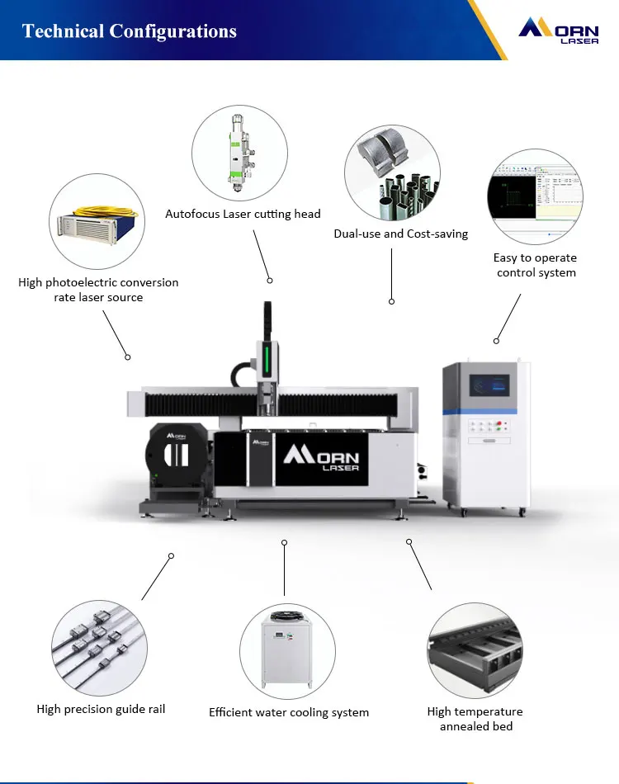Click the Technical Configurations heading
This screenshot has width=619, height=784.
pos(130,31)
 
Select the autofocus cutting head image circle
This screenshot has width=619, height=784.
pos(239,154)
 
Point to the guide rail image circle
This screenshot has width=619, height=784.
pos(100,648)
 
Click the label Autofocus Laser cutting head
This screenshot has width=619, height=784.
pos(243,214)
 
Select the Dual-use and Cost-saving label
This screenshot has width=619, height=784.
pos(400,234)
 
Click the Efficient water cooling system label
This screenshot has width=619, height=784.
pos(289,712)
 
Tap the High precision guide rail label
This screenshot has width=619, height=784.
pos(101,709)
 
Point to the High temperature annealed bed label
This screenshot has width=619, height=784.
pos(475,719)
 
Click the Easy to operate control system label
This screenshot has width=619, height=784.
pos(535,265)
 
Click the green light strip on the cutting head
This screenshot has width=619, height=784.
pos(266,361)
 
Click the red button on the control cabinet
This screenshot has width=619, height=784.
pos(499,423)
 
